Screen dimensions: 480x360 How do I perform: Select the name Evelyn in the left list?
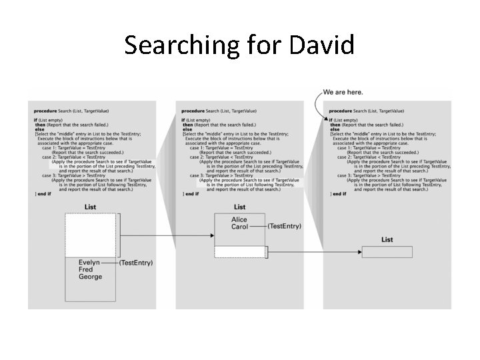pyautogui.click(x=89, y=263)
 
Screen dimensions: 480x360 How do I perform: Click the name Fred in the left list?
pyautogui.click(x=87, y=270)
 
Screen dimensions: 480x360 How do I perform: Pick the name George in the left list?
pyautogui.click(x=91, y=277)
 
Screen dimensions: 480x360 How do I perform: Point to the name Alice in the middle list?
pyautogui.click(x=239, y=219)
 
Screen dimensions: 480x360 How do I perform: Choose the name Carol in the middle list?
pyautogui.click(x=239, y=227)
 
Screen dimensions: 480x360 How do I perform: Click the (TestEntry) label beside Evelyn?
pyautogui.click(x=136, y=263)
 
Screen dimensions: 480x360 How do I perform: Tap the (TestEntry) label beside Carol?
pyautogui.click(x=284, y=227)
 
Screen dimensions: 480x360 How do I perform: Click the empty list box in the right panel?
pyautogui.click(x=387, y=252)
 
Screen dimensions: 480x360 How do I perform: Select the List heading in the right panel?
pyautogui.click(x=387, y=240)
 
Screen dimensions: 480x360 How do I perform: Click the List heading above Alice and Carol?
pyautogui.click(x=239, y=207)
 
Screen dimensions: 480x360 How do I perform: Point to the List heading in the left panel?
pyautogui.click(x=91, y=207)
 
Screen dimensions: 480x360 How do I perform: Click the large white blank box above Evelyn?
pyautogui.click(x=91, y=234)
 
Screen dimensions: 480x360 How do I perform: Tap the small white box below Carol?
pyautogui.click(x=240, y=252)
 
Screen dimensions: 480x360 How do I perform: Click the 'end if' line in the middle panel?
pyautogui.click(x=191, y=194)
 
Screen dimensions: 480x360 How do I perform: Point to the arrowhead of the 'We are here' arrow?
pyautogui.click(x=327, y=119)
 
